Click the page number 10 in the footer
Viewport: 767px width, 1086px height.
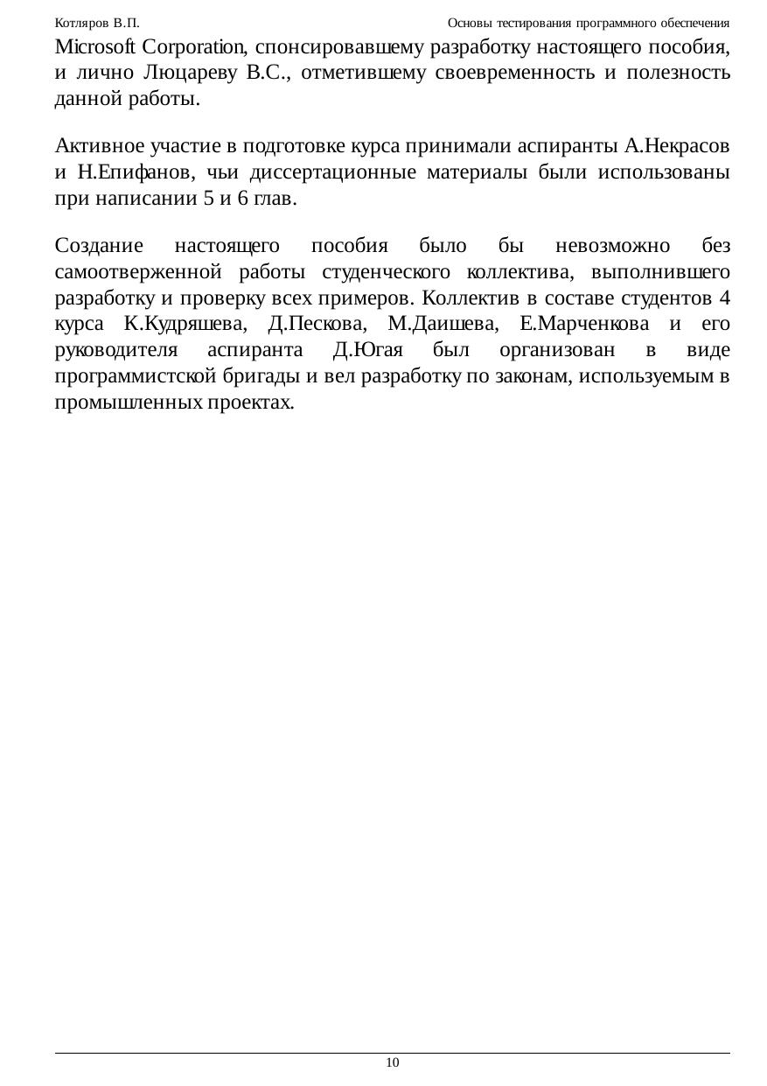pyautogui.click(x=392, y=1062)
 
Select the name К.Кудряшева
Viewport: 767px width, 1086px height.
pyautogui.click(x=185, y=325)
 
